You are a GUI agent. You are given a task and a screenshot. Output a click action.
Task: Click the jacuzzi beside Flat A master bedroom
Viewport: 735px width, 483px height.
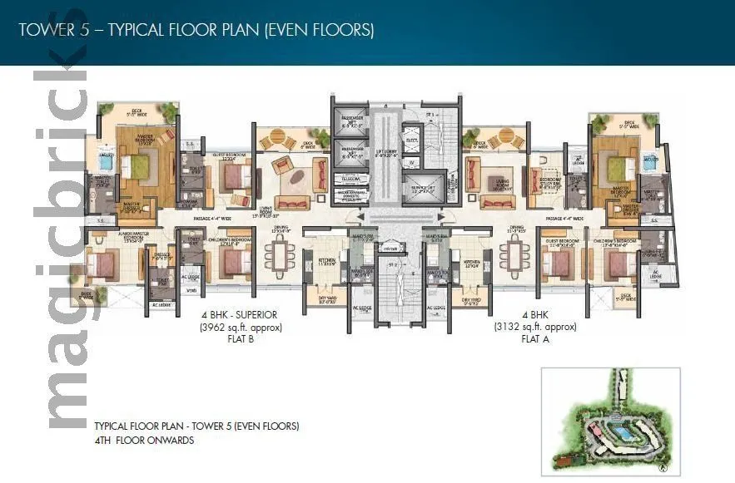(x=652, y=160)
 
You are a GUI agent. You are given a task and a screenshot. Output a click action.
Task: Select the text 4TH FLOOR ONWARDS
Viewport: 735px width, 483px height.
(x=144, y=441)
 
